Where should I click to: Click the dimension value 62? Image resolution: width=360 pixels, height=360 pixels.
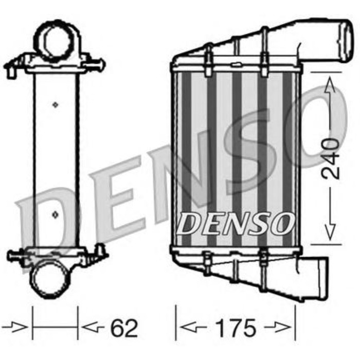tap(124, 328)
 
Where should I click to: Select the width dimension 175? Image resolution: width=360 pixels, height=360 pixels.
tap(236, 328)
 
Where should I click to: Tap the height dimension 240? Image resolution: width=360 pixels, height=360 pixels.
tap(332, 158)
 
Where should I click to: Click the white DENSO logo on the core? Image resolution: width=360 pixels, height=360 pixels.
tap(236, 223)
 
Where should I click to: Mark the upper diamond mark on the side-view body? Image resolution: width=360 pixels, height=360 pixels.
tap(56, 104)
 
